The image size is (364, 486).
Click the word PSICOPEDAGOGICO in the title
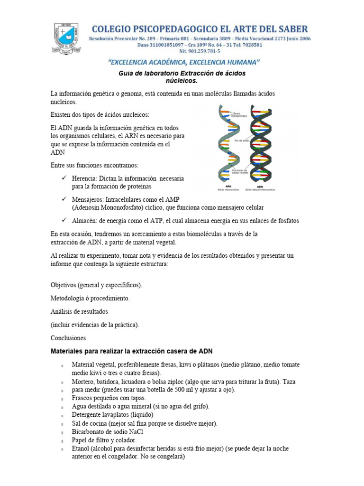161,29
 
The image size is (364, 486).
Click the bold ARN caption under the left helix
228,186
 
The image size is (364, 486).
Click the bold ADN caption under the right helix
260,186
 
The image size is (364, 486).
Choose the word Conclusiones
69,338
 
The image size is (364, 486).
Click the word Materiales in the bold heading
69,352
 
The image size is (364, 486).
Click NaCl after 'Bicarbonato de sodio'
135,432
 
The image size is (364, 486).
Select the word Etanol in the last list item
82,449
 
